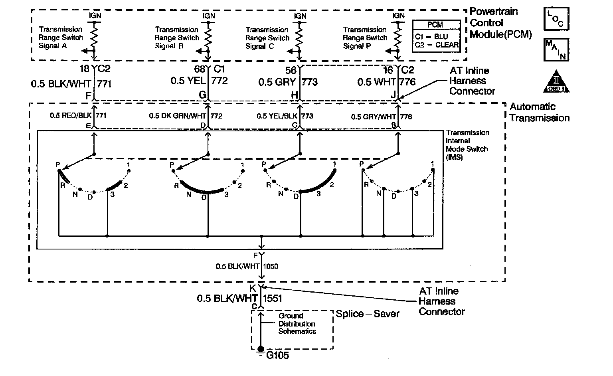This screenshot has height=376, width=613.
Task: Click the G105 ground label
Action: (277, 355)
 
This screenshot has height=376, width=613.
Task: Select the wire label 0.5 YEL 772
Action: (199, 81)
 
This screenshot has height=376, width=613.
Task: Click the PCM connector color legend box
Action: (436, 37)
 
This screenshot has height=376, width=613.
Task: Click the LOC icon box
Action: (556, 19)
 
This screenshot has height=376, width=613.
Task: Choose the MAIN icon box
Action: (556, 49)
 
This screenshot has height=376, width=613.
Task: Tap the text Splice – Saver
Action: (367, 314)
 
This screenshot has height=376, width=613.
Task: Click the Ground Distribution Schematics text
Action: (297, 324)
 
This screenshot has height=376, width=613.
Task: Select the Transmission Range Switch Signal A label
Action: (61, 38)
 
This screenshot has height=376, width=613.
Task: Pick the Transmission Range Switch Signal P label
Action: (365, 38)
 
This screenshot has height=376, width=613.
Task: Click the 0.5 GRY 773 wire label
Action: (288, 82)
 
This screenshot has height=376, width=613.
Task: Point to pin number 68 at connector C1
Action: (200, 69)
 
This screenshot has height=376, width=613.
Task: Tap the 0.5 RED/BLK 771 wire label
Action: (78, 116)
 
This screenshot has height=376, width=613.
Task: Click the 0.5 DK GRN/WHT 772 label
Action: (186, 116)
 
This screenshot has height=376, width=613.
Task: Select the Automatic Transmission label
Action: (539, 112)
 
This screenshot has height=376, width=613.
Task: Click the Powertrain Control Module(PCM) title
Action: (500, 23)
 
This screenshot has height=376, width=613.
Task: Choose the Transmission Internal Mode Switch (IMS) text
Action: (467, 145)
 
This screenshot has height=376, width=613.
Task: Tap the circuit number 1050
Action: (271, 266)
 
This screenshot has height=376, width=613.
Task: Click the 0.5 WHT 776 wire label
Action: (386, 82)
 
